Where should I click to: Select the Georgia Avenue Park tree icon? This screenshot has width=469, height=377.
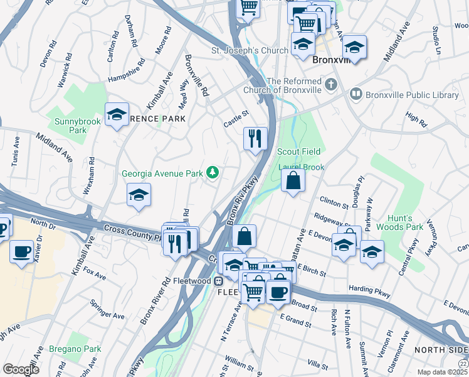(213, 172)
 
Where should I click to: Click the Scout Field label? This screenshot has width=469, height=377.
(299, 151)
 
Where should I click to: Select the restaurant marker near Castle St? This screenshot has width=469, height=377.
(255, 138)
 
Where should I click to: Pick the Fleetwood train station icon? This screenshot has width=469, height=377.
(219, 280)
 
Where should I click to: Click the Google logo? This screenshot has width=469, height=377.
(21, 369)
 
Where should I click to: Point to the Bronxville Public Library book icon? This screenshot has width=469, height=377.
(356, 94)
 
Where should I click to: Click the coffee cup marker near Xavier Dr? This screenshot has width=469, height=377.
(22, 253)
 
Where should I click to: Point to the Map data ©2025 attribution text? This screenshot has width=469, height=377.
(443, 372)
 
